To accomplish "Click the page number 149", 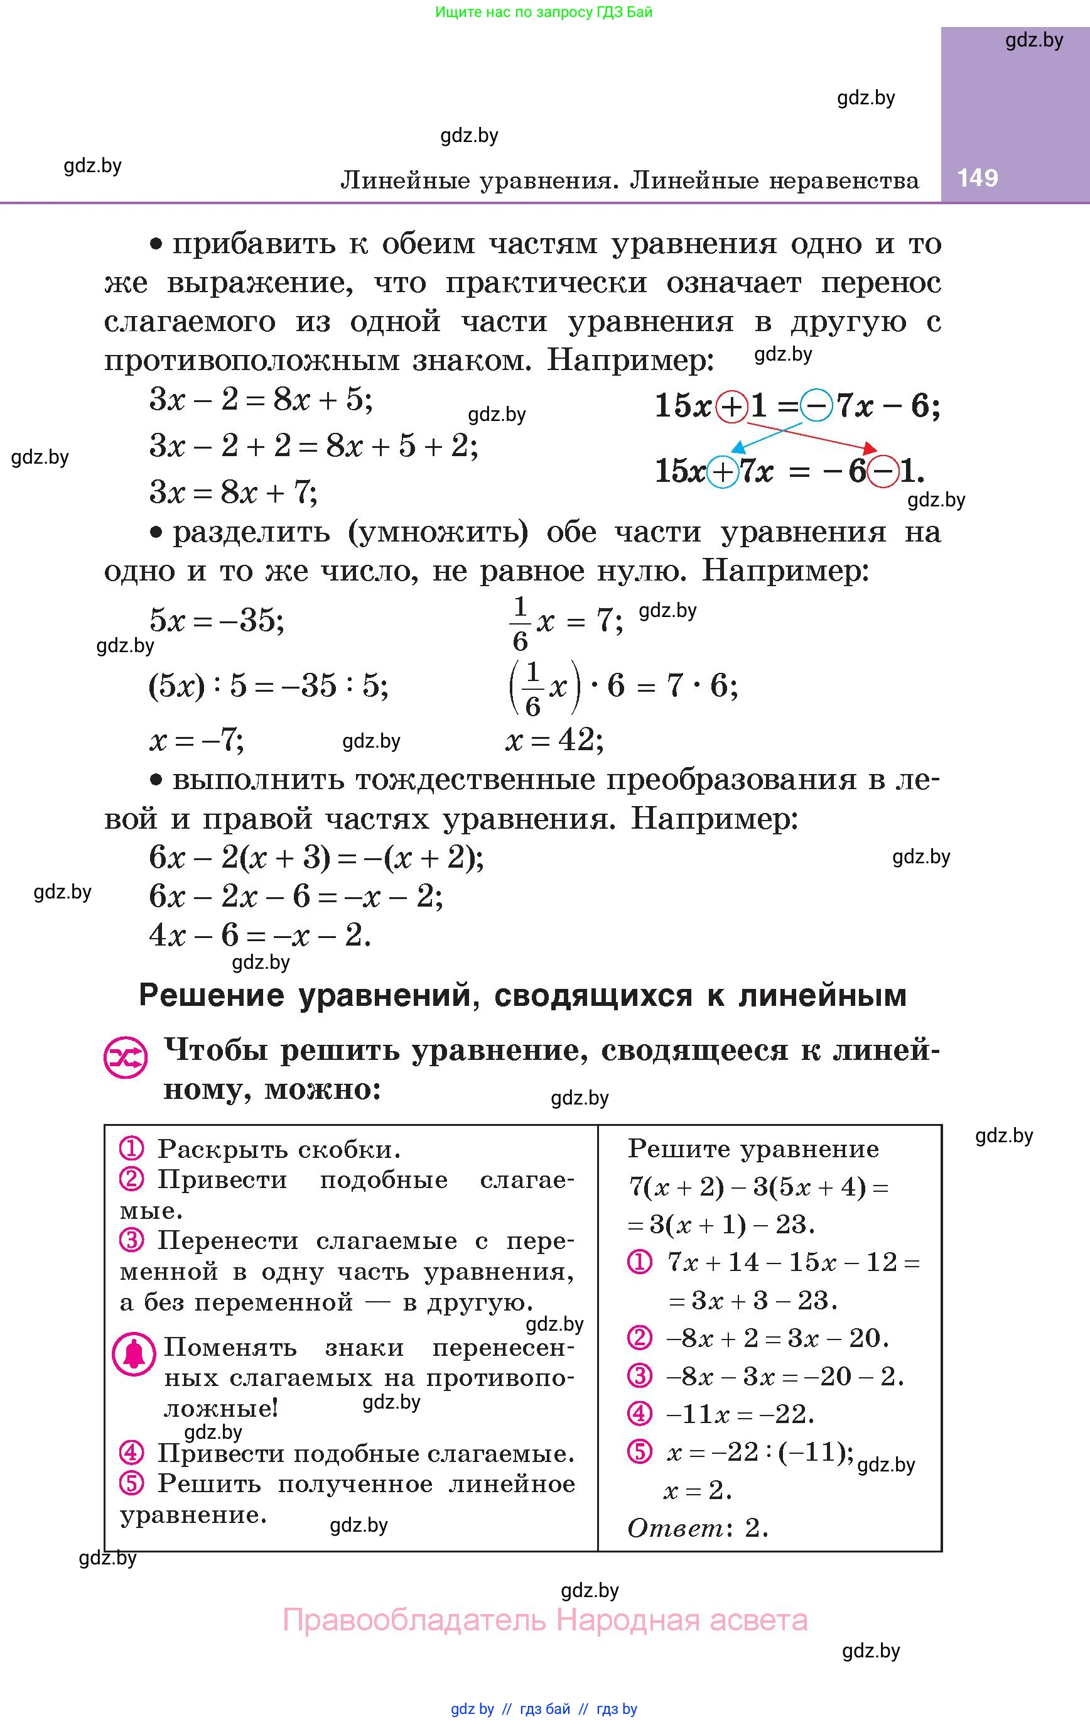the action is click(x=977, y=178).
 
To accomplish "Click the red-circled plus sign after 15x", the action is click(x=732, y=406).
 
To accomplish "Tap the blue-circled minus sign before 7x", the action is click(x=817, y=406).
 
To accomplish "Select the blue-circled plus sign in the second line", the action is click(x=723, y=472).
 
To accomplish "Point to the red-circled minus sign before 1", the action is click(x=883, y=472).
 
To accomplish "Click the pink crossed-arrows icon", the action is click(x=126, y=1058).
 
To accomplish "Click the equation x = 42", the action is click(x=554, y=739).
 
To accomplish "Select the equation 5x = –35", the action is click(x=216, y=620).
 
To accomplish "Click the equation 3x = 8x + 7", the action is click(x=234, y=493).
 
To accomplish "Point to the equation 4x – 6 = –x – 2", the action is click(x=260, y=934).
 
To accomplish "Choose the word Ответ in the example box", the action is click(x=676, y=1528).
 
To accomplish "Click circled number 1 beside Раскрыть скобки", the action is click(x=132, y=1148).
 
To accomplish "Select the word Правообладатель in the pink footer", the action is click(x=414, y=1620).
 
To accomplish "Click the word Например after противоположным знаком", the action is click(x=630, y=359).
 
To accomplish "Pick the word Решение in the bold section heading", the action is click(x=211, y=995).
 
